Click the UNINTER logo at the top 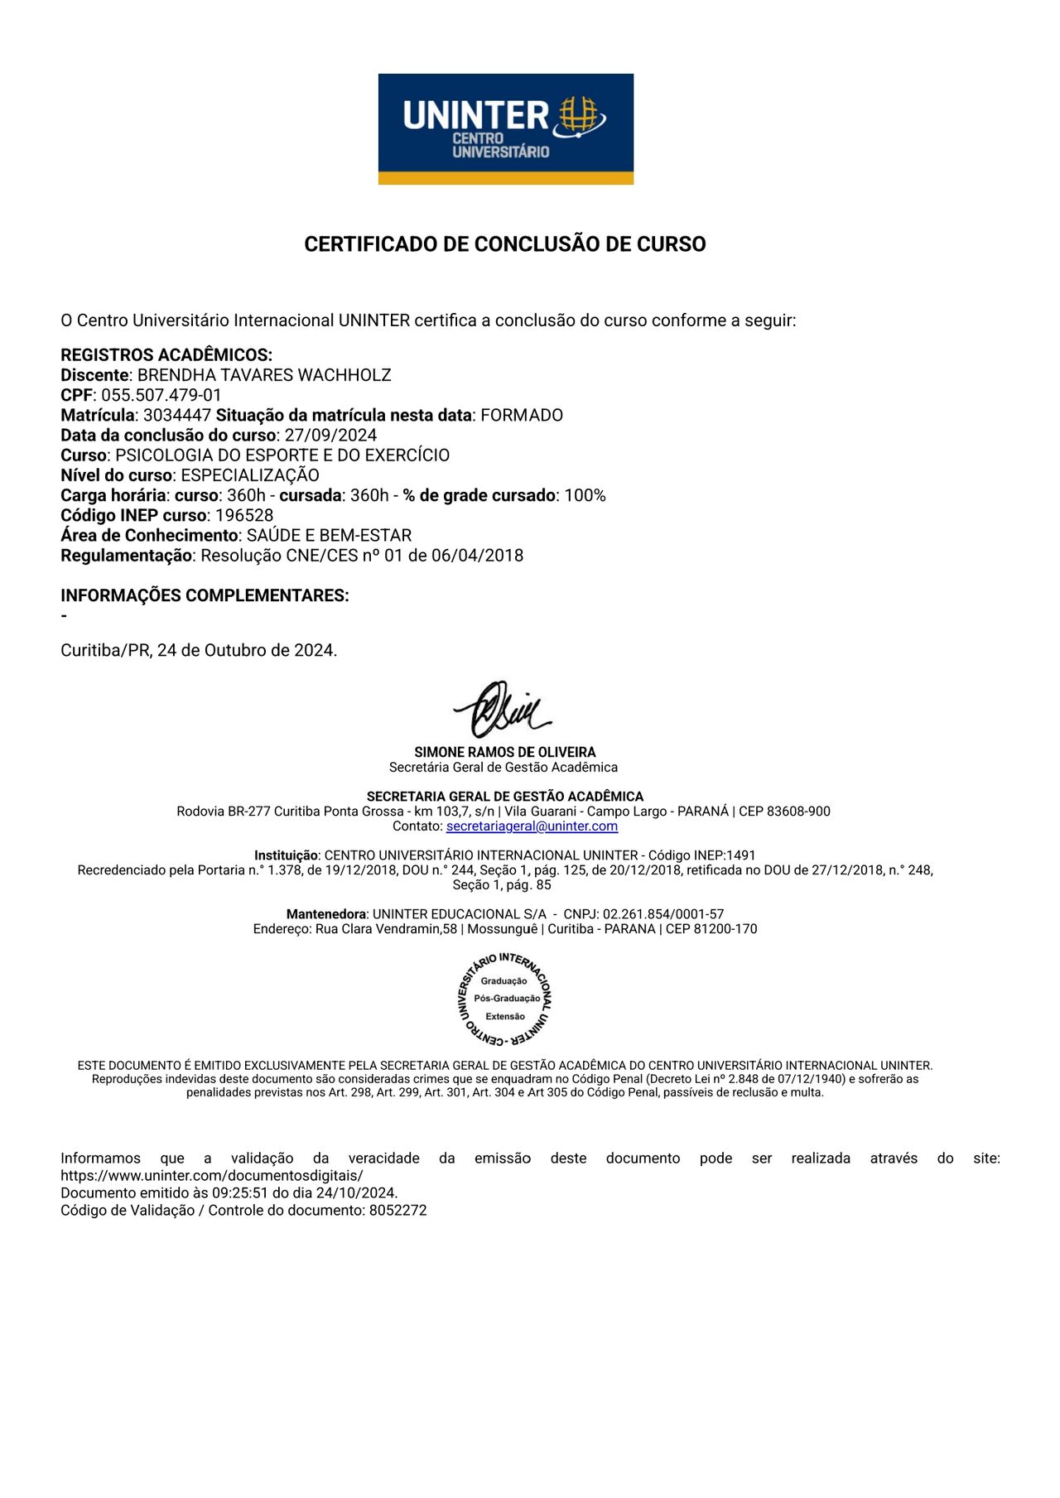pyautogui.click(x=505, y=128)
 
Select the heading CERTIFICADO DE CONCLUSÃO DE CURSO pyautogui.click(x=504, y=244)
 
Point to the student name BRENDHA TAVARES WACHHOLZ pyautogui.click(x=264, y=375)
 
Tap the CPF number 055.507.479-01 pyautogui.click(x=161, y=395)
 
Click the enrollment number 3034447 pyautogui.click(x=177, y=415)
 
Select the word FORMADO pyautogui.click(x=522, y=415)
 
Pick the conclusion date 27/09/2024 pyautogui.click(x=330, y=436)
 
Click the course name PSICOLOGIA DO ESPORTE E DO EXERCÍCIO pyautogui.click(x=282, y=455)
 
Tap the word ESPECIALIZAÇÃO pyautogui.click(x=250, y=475)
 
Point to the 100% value pyautogui.click(x=585, y=495)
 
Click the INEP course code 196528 pyautogui.click(x=244, y=515)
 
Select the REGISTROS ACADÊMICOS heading pyautogui.click(x=166, y=355)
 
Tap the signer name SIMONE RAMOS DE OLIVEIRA pyautogui.click(x=504, y=752)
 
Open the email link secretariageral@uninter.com pyautogui.click(x=532, y=826)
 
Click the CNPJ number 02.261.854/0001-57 pyautogui.click(x=663, y=914)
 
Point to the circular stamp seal pyautogui.click(x=504, y=999)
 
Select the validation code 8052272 pyautogui.click(x=397, y=1210)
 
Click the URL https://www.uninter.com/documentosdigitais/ pyautogui.click(x=212, y=1176)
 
